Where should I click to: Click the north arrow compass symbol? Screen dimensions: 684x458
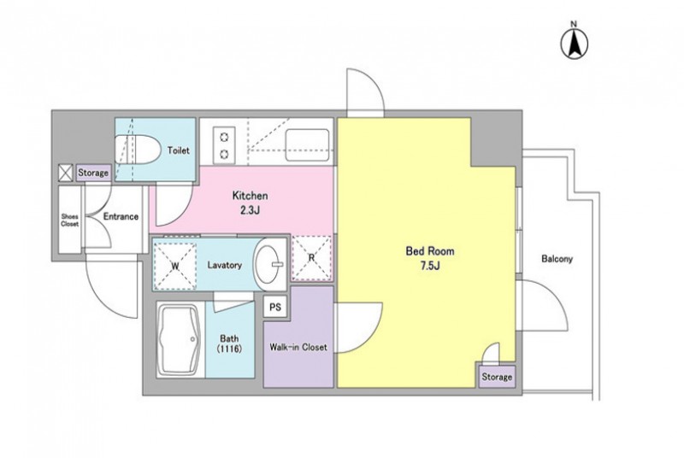(x=575, y=42)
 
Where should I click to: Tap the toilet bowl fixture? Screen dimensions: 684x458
(x=136, y=150)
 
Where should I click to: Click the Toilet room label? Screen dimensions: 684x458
(x=179, y=150)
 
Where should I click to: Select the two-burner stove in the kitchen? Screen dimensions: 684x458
(x=224, y=144)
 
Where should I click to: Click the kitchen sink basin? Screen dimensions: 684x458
(x=307, y=144)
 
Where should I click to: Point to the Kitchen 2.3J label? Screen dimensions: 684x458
(x=250, y=203)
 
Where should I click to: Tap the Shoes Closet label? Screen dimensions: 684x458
(x=70, y=220)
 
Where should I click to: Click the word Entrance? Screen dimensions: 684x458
(x=121, y=216)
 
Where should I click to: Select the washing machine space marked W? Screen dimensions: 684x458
(x=174, y=266)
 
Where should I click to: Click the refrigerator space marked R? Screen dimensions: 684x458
(x=311, y=257)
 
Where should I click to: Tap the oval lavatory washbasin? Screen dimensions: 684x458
(x=270, y=264)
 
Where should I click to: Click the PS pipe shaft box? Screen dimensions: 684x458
(x=274, y=308)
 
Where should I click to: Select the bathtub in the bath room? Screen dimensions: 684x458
(x=180, y=340)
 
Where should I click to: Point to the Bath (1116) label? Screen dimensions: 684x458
(x=229, y=343)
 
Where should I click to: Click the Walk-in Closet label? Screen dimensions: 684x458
(x=298, y=347)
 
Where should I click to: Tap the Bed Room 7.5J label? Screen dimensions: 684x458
(x=430, y=258)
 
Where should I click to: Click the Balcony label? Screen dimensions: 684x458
(x=557, y=259)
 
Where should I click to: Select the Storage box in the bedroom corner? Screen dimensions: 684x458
(x=497, y=376)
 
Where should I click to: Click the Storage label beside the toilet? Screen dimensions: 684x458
(x=93, y=173)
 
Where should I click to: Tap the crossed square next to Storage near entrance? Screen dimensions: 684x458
(x=66, y=173)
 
